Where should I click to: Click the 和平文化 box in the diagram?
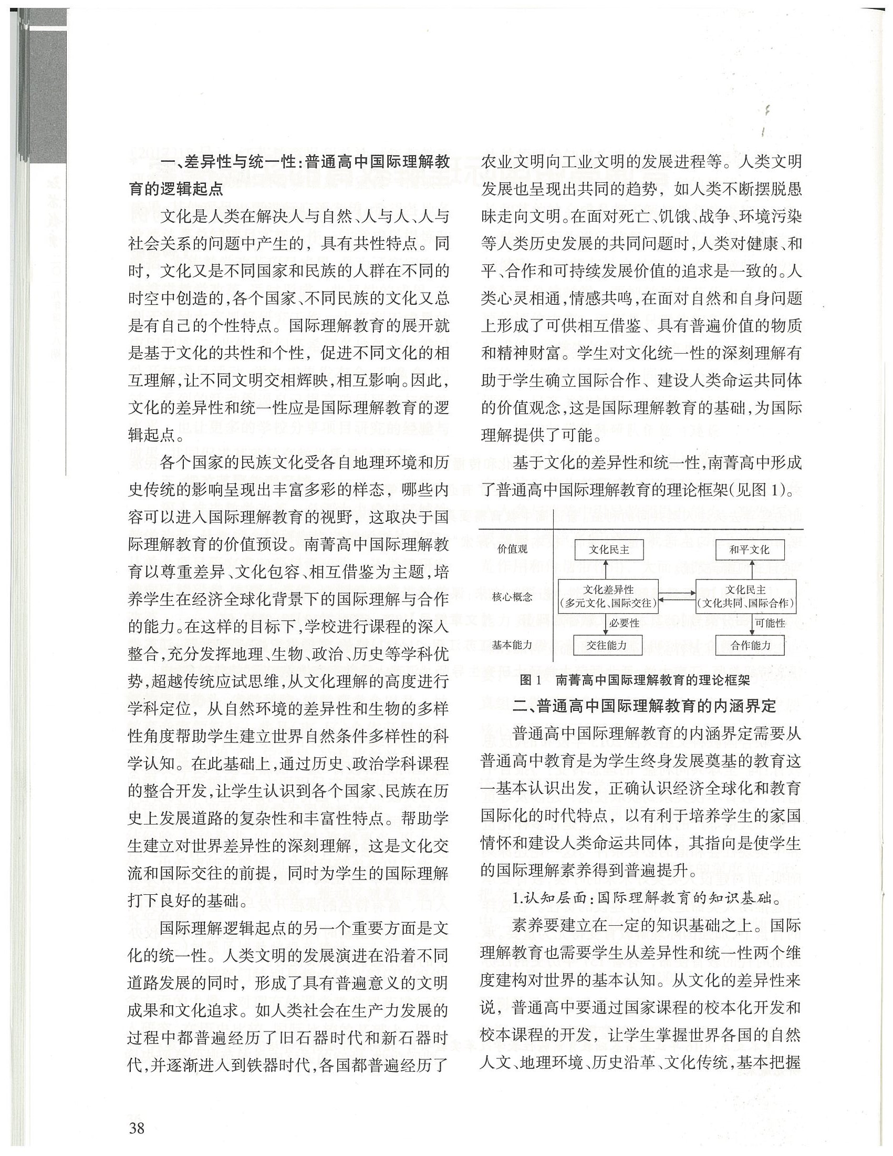[x=749, y=550]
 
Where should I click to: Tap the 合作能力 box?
[x=751, y=645]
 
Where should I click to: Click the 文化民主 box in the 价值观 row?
[x=609, y=550]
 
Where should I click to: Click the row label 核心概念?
[x=512, y=596]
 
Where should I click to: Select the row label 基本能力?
[x=512, y=645]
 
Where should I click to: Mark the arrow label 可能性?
[x=770, y=623]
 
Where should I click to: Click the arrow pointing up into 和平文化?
[x=751, y=569]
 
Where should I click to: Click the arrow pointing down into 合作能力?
[x=751, y=625]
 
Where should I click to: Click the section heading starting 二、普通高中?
[x=645, y=706]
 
